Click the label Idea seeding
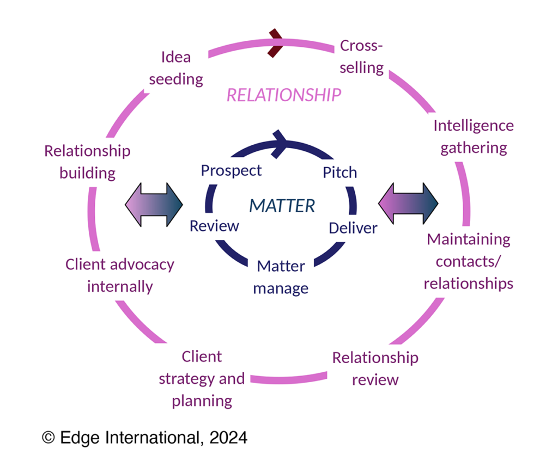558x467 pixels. click(176, 68)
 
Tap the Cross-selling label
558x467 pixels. click(361, 57)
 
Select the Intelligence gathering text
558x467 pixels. click(474, 137)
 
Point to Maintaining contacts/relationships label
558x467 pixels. click(469, 261)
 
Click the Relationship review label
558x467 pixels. click(375, 368)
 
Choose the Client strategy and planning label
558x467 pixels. click(202, 379)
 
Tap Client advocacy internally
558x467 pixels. click(120, 275)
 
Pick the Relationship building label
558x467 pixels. click(88, 162)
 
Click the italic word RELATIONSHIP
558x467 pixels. click(284, 95)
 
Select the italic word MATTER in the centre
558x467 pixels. click(282, 206)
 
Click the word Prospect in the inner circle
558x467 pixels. click(231, 170)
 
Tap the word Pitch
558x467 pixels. click(340, 173)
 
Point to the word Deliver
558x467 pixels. click(353, 228)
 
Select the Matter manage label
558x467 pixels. click(281, 277)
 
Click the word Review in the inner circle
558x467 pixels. click(214, 225)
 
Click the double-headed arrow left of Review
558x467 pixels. click(154, 204)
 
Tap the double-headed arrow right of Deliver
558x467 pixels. click(409, 204)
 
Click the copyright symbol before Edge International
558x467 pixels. click(49, 437)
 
